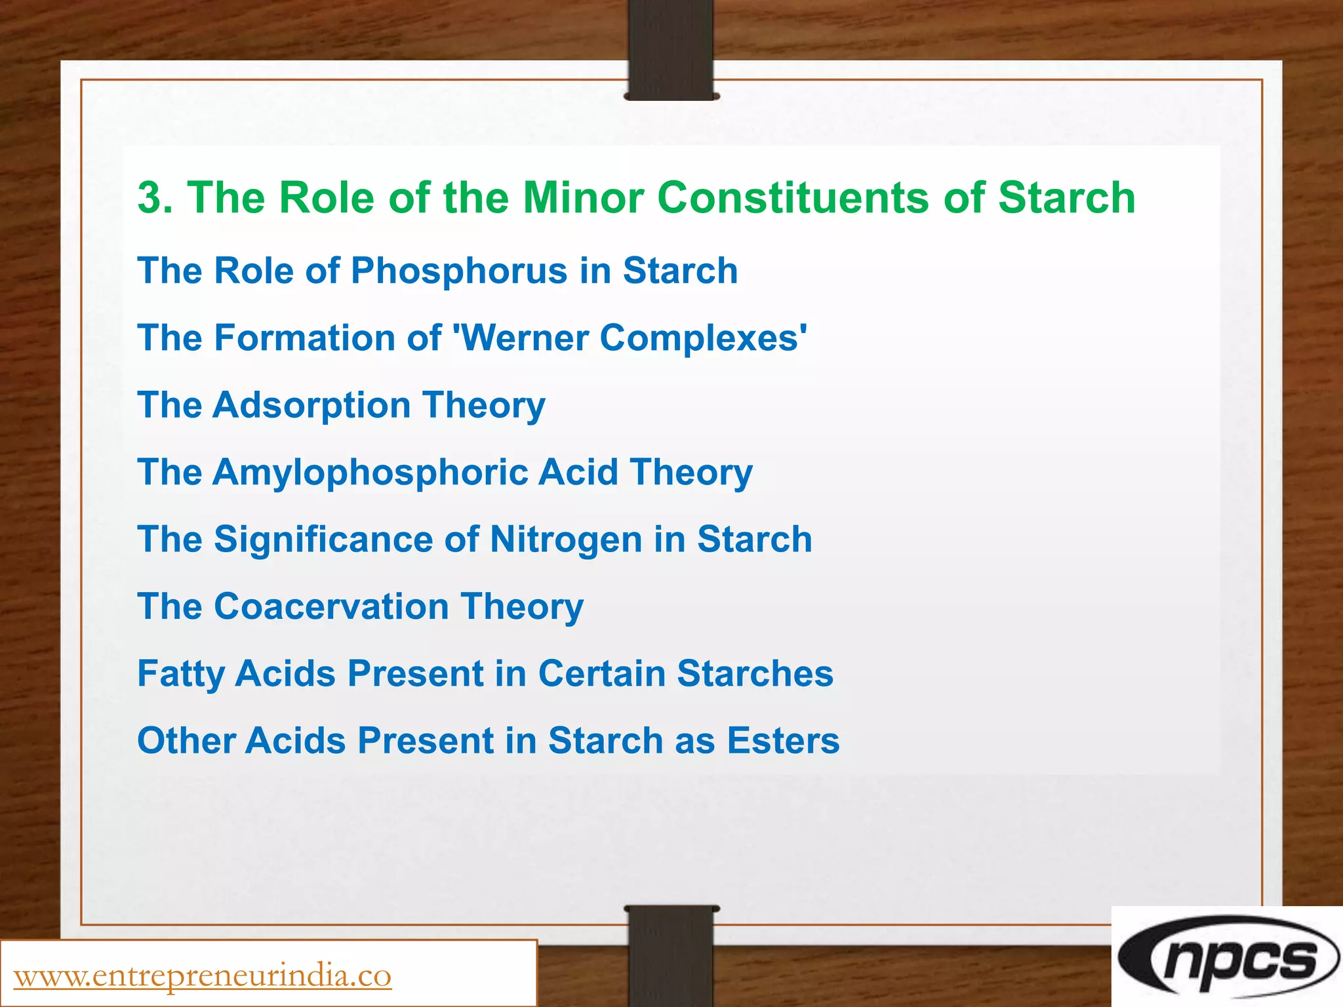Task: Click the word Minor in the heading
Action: point(583,198)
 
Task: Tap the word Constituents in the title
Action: point(793,198)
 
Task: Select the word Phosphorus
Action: point(459,271)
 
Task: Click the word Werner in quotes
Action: point(526,338)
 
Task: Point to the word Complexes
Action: point(702,338)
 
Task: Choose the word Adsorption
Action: point(311,405)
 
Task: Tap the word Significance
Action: point(323,540)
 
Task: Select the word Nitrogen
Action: point(566,540)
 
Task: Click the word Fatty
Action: point(180,674)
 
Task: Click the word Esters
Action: point(783,741)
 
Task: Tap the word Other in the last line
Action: point(185,741)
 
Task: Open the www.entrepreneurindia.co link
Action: point(203,976)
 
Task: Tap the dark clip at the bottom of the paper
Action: point(671,954)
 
